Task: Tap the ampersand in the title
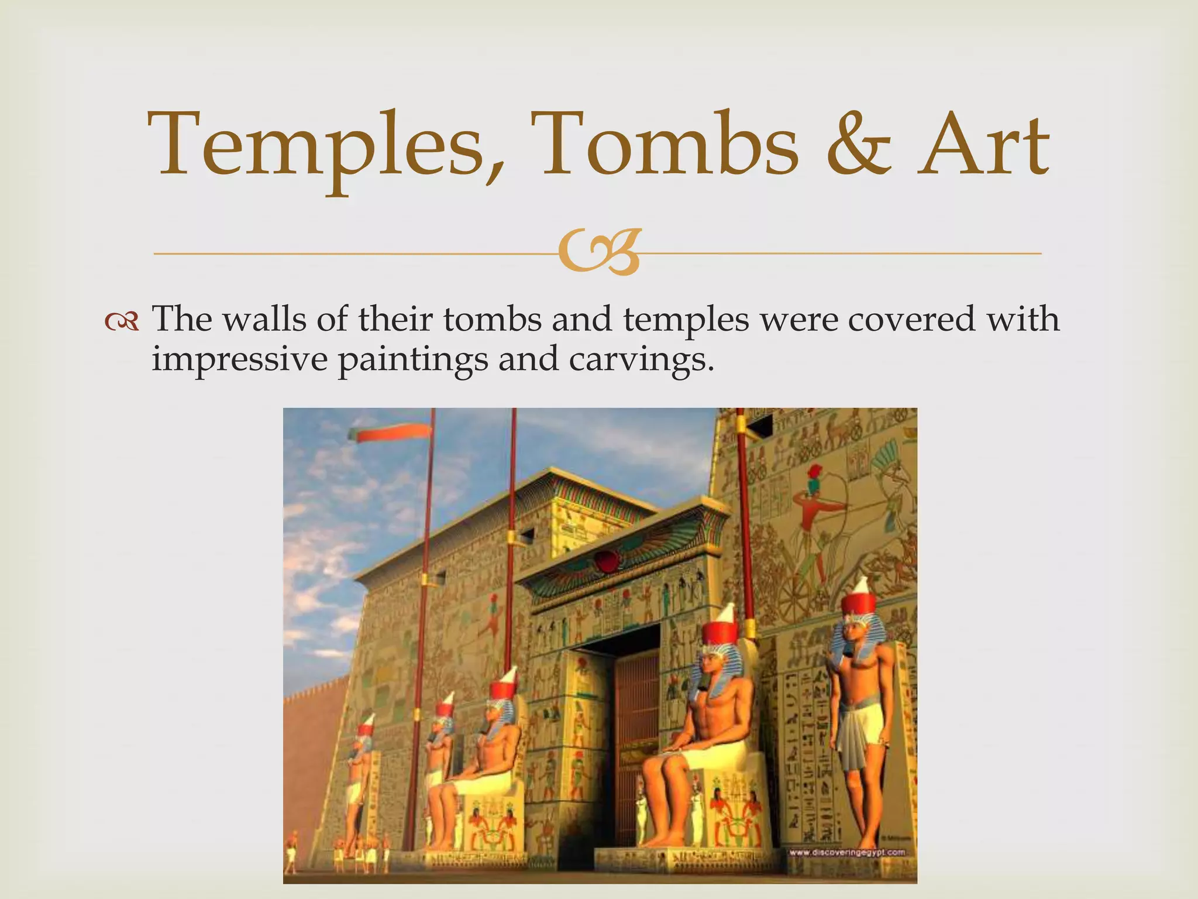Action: (x=859, y=146)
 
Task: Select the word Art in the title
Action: (x=983, y=146)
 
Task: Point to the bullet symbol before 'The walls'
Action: (x=121, y=321)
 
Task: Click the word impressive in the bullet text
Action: (x=239, y=359)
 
